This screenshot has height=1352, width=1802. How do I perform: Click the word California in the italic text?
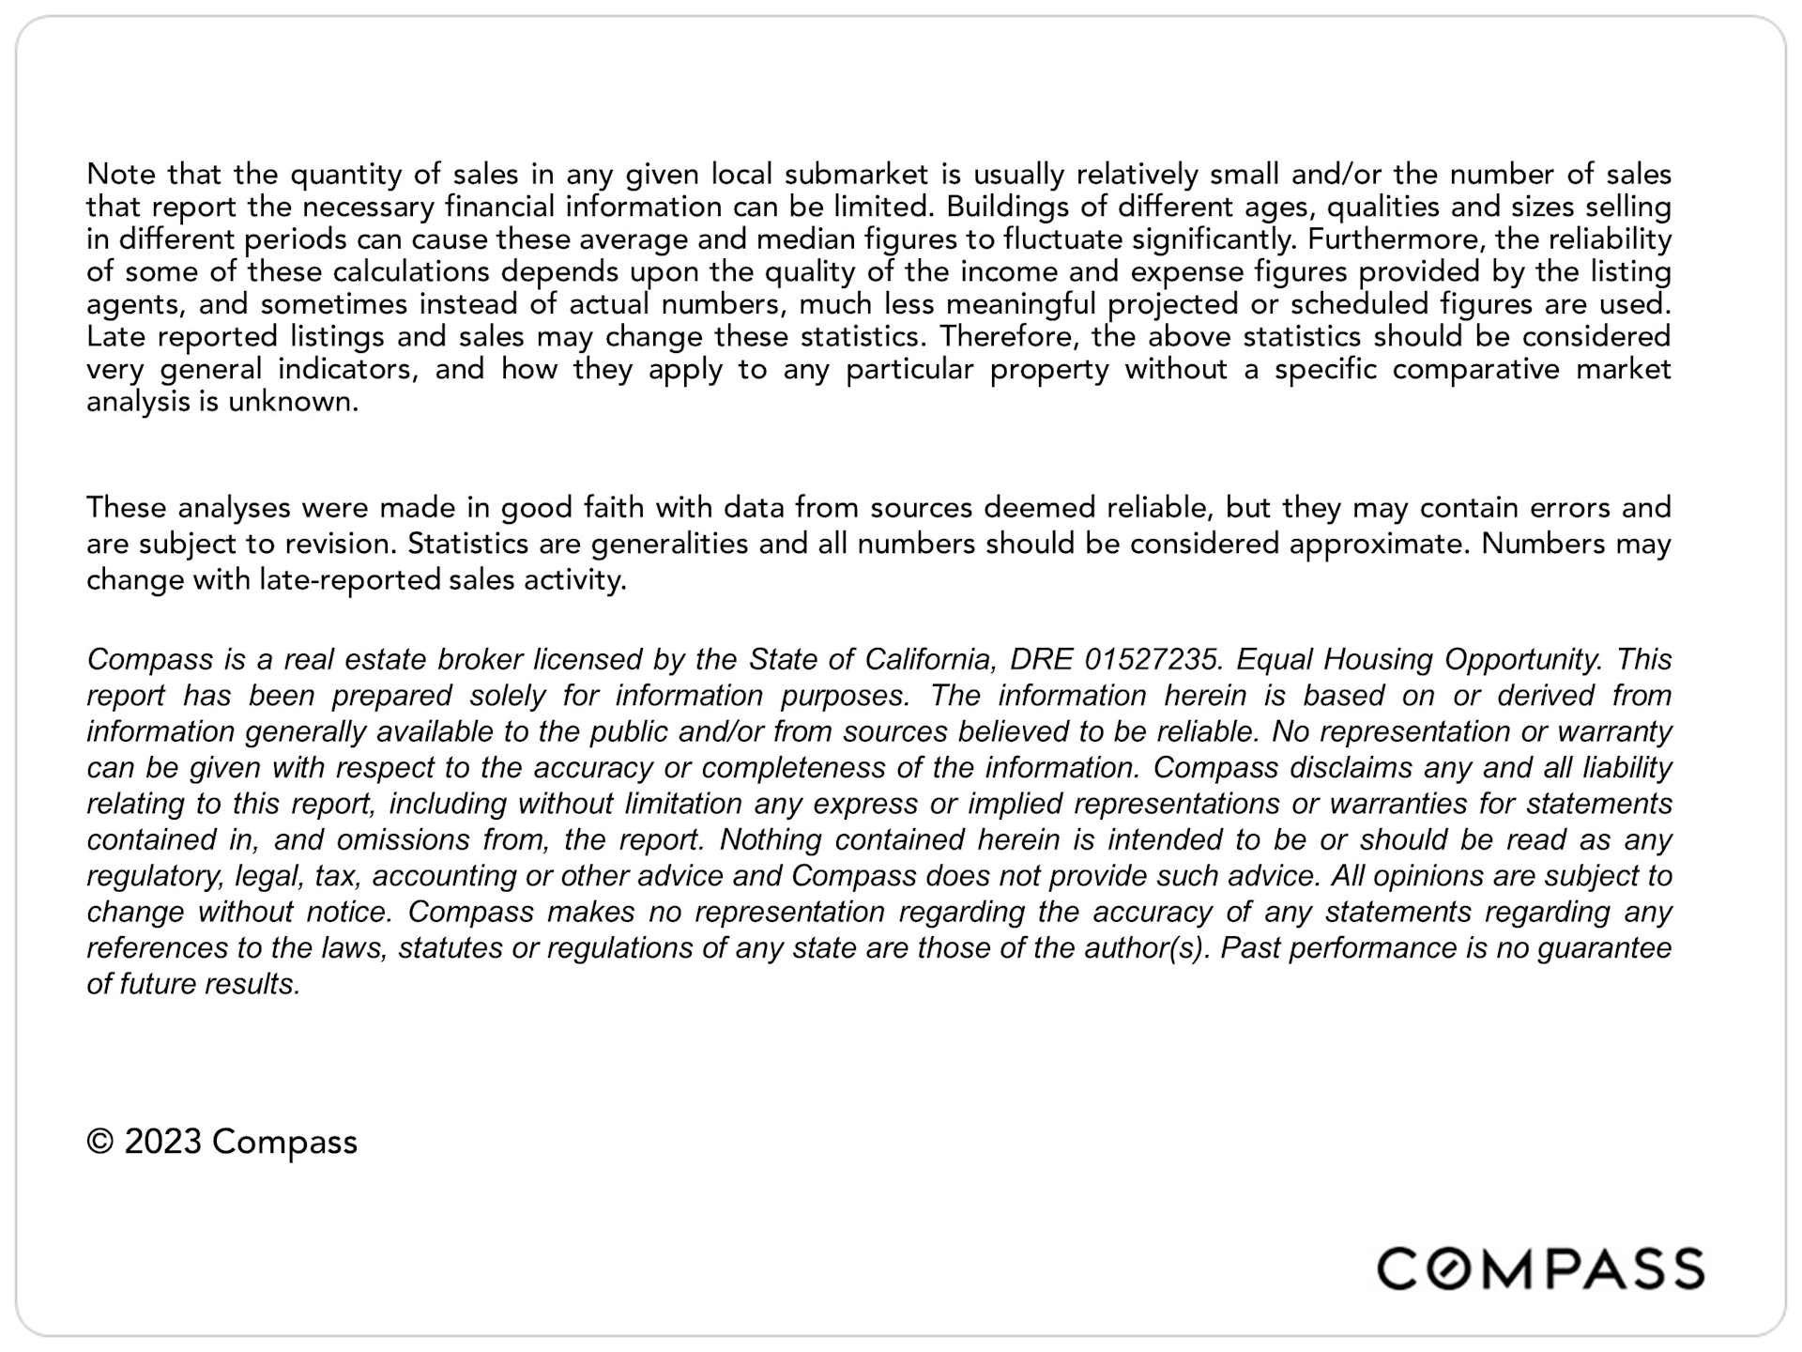(928, 659)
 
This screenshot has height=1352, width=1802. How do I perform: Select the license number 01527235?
(1153, 659)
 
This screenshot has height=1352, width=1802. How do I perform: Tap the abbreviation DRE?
(1040, 659)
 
